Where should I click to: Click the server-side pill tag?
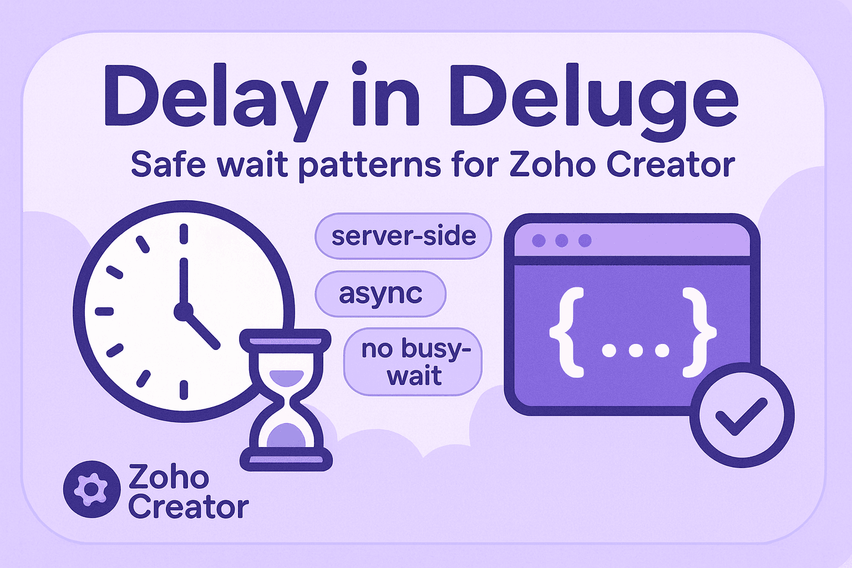[x=403, y=236]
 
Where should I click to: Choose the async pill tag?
[x=381, y=294]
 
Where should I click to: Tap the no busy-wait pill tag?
[x=414, y=362]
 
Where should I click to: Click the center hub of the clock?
[x=182, y=312]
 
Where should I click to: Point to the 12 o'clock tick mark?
[x=184, y=234]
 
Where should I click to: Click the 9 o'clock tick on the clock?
[x=104, y=312]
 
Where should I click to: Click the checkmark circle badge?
[x=742, y=415]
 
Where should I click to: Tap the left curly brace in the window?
[x=567, y=333]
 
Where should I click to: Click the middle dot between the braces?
[x=636, y=351]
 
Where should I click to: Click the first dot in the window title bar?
[x=538, y=241]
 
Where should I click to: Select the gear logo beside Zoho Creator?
[x=92, y=489]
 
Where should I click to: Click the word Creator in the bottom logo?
[x=189, y=507]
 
